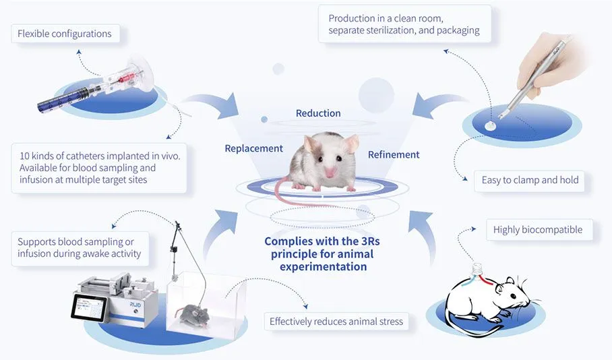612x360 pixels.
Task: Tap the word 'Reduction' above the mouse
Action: pyautogui.click(x=318, y=113)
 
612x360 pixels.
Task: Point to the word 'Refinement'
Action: pyautogui.click(x=394, y=154)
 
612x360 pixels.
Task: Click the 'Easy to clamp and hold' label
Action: pyautogui.click(x=530, y=180)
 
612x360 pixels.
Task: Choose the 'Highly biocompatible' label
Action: pyautogui.click(x=537, y=229)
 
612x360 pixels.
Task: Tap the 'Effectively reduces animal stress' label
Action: pyautogui.click(x=336, y=321)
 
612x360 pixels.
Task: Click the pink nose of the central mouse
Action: pyautogui.click(x=331, y=174)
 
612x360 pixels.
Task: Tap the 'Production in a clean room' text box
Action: pyautogui.click(x=404, y=24)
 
